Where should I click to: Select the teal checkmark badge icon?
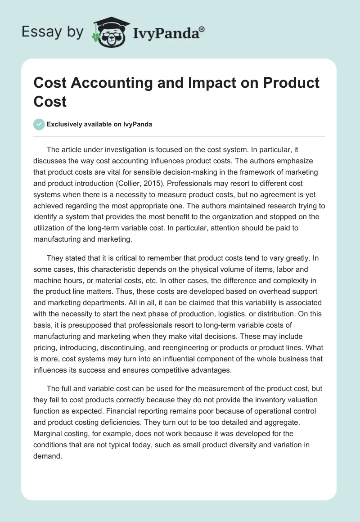39,124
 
